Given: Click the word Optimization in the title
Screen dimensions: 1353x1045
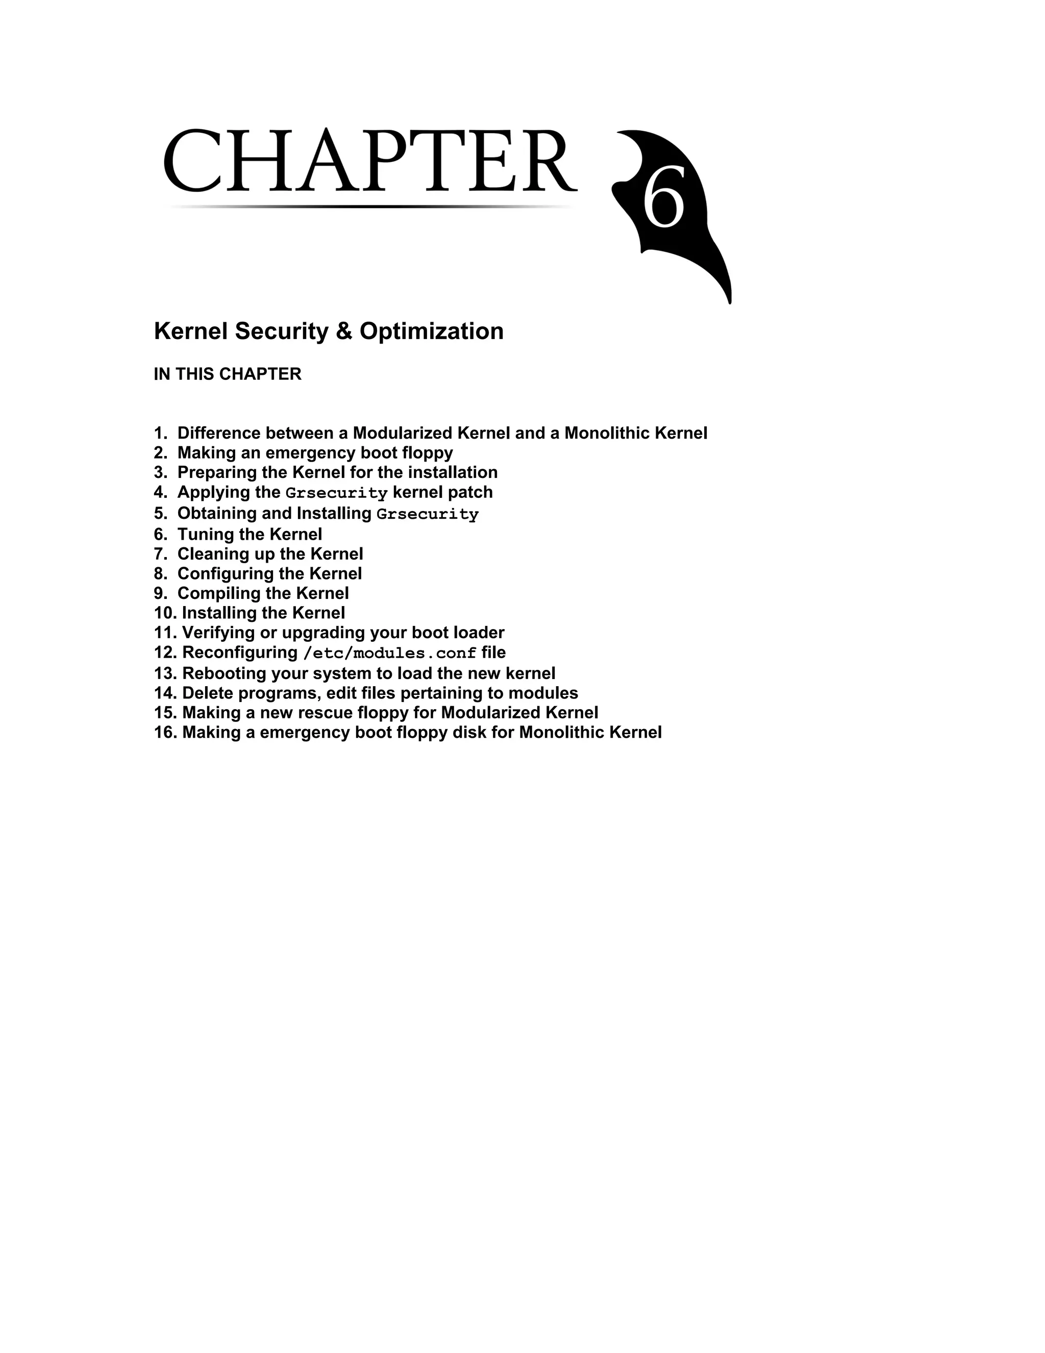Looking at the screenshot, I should tap(432, 331).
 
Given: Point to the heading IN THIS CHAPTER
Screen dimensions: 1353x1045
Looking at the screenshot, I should tap(227, 374).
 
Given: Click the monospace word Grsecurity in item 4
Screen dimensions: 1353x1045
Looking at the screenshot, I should tap(336, 493).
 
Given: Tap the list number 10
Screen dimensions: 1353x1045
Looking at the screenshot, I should tap(164, 613).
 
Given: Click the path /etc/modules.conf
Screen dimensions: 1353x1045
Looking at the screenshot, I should tap(389, 653).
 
